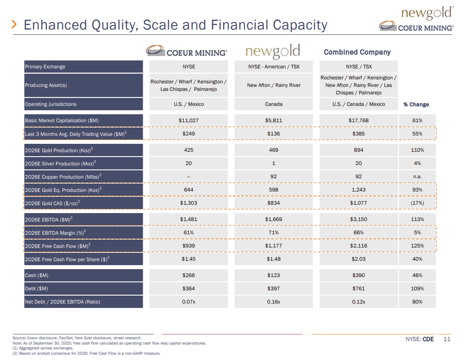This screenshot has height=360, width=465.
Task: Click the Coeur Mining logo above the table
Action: click(187, 52)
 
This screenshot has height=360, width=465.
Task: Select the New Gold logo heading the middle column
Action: click(273, 52)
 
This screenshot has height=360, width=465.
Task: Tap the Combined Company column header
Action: click(357, 52)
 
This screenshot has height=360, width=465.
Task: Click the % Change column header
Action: click(416, 105)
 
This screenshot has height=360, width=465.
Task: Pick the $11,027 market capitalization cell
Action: click(189, 120)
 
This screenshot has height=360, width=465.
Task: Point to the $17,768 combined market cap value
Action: click(358, 120)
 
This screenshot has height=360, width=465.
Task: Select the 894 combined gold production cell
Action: click(358, 150)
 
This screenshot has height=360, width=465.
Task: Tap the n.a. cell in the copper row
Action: click(417, 177)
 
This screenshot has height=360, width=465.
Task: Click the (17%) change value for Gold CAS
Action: click(417, 203)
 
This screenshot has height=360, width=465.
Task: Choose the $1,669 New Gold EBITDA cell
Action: click(274, 219)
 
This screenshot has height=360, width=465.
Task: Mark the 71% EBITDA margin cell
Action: click(274, 232)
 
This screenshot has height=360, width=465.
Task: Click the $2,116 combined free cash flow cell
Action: click(358, 246)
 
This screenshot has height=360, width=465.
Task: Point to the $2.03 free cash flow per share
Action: click(358, 259)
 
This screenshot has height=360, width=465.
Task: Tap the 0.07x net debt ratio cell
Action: click(189, 302)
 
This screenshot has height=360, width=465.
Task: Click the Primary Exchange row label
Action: click(45, 67)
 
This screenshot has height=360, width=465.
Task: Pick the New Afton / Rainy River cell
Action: click(274, 85)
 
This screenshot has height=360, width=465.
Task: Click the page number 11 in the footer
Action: click(447, 339)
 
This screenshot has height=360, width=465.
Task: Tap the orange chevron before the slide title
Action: click(15, 24)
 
